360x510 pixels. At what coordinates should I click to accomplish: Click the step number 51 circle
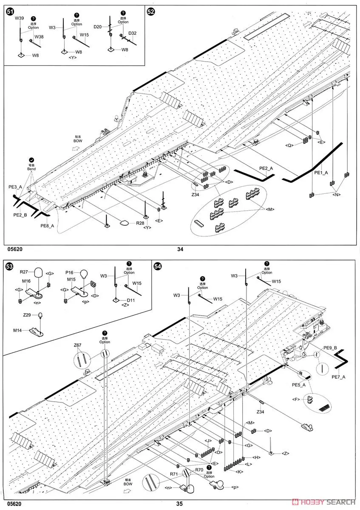pos(10,12)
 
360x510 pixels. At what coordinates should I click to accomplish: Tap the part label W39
pos(20,19)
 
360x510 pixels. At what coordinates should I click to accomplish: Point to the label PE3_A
pos(15,187)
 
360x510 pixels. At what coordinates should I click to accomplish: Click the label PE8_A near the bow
pos(48,226)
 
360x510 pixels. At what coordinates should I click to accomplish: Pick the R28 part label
pos(141,223)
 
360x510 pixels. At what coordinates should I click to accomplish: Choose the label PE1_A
pos(321,173)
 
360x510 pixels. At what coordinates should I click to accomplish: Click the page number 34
pos(180,249)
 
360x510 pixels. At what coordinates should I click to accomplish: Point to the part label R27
pos(23,272)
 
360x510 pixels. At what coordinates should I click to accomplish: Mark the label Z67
pos(78,345)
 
